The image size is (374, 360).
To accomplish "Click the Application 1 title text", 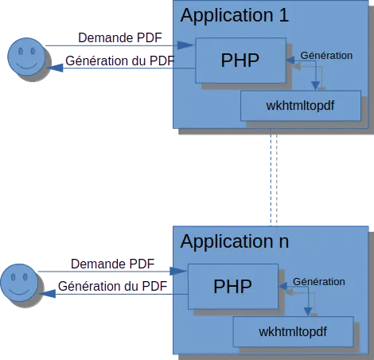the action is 235,16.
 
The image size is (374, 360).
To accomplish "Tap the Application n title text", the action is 235,242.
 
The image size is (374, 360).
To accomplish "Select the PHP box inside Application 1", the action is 240,61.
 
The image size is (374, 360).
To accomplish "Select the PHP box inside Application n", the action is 233,287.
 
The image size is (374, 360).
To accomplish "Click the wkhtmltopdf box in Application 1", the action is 301,106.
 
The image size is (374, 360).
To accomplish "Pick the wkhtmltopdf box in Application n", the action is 293,331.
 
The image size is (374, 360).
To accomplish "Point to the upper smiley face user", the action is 26,57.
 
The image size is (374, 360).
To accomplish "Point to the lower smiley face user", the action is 19,283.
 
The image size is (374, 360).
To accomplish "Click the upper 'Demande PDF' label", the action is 120,37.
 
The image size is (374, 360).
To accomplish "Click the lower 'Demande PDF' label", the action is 112,264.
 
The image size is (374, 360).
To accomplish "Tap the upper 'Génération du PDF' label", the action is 120,61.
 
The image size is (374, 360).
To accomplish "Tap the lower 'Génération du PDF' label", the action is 112,287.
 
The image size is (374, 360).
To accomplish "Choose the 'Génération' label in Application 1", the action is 326,56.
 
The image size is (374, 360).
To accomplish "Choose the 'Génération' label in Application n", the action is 319,282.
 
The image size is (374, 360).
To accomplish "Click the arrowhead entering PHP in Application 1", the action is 185,45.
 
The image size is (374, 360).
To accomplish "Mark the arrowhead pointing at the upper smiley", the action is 55,68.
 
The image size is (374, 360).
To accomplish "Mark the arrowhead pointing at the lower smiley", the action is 48,294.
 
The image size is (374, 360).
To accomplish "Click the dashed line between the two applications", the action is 271,178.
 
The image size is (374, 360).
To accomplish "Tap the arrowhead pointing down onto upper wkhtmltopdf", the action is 315,86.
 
